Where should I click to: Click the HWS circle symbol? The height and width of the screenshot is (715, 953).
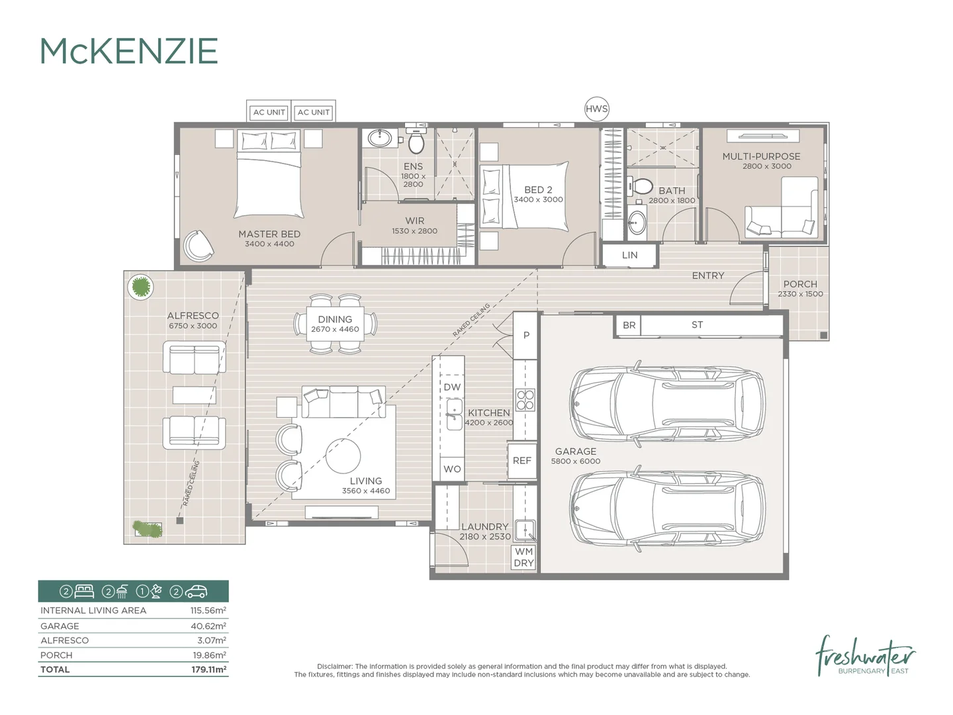pos(596,109)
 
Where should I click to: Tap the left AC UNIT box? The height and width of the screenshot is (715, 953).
pos(269,112)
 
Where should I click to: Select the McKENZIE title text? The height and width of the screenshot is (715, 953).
pos(129,52)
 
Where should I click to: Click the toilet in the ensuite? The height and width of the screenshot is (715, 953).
pos(416,142)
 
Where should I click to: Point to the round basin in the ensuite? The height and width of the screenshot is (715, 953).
pos(380,138)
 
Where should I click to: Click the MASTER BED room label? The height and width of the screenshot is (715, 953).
pos(269,234)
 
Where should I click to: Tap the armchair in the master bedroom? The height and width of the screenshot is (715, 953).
pos(198,246)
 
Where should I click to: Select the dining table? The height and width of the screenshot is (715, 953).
pos(336,324)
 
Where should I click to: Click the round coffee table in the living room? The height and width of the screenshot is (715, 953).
pos(343,455)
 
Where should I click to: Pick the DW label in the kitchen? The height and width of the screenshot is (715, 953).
pos(452,387)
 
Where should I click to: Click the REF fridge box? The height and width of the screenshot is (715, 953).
pos(522,460)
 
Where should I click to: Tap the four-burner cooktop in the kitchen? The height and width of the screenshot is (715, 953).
pos(525,401)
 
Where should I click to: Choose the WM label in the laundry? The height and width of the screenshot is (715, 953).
pos(524,551)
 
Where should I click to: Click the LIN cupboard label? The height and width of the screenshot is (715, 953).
pos(629,255)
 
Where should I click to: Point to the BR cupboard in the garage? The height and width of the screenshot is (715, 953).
pos(629,325)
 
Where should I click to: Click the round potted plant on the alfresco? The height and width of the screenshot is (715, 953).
pos(140,287)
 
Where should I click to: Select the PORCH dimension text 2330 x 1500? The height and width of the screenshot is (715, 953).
pos(800,294)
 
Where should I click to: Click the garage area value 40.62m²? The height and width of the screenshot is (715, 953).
pos(208,626)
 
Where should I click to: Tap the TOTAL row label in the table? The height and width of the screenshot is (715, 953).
pos(55,669)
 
